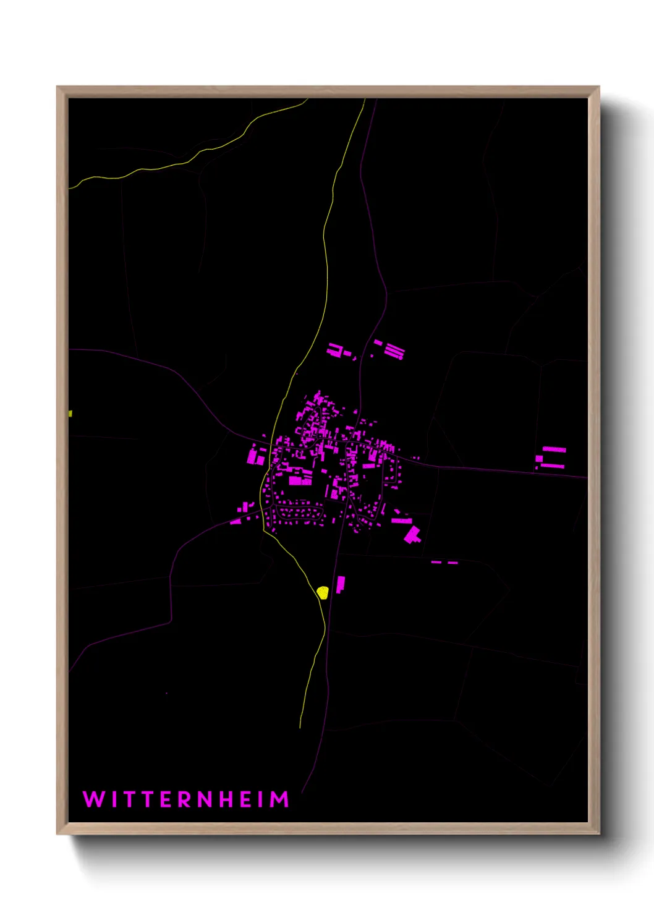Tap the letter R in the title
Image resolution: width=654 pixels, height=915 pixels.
(x=185, y=799)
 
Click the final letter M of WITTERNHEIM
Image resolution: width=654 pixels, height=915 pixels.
(x=279, y=799)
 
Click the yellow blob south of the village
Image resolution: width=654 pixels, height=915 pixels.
(x=322, y=592)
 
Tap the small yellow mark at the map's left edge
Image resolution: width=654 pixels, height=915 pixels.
(x=70, y=414)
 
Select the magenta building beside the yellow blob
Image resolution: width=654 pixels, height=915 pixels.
(x=340, y=584)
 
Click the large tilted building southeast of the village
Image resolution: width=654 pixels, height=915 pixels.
(x=412, y=534)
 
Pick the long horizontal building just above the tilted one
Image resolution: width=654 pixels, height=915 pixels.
(x=402, y=521)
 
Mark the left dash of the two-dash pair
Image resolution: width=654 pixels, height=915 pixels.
(x=436, y=562)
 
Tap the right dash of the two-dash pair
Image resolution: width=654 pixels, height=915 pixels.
(x=452, y=563)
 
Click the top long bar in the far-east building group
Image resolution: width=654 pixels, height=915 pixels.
(x=554, y=449)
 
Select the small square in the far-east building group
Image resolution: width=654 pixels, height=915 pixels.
(x=539, y=459)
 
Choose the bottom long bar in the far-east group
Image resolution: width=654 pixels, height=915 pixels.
(x=553, y=466)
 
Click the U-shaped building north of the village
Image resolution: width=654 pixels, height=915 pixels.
(x=335, y=351)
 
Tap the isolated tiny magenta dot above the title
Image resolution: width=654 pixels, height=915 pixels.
(x=166, y=693)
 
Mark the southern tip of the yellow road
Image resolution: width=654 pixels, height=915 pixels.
(x=300, y=726)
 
